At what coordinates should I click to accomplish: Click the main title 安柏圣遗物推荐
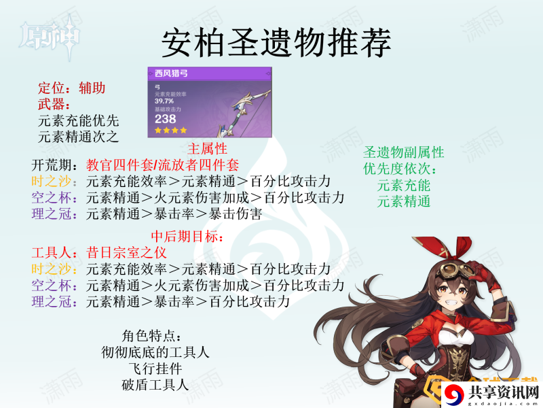pyautogui.click(x=276, y=43)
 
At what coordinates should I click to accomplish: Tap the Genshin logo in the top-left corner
pyautogui.click(x=50, y=37)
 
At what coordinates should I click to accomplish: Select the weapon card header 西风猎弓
pyautogui.click(x=172, y=73)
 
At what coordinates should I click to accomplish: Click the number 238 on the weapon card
pyautogui.click(x=165, y=119)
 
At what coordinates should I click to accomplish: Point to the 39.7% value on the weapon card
pyautogui.click(x=164, y=101)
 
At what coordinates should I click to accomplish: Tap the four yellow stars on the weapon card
pyautogui.click(x=171, y=131)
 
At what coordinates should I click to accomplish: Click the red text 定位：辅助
pyautogui.click(x=71, y=88)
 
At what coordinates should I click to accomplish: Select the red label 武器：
pyautogui.click(x=54, y=104)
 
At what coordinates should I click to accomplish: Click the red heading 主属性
pyautogui.click(x=207, y=149)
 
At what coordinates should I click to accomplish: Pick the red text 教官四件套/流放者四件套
pyautogui.click(x=162, y=165)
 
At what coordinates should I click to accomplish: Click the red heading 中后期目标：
pyautogui.click(x=187, y=237)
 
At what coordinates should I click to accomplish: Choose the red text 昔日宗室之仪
pyautogui.click(x=126, y=252)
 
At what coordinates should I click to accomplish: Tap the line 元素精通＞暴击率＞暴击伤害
pyautogui.click(x=174, y=214)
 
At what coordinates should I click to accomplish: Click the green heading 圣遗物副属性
pyautogui.click(x=403, y=152)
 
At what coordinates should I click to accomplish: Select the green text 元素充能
pyautogui.click(x=403, y=185)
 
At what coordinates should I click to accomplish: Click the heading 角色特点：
pyautogui.click(x=151, y=336)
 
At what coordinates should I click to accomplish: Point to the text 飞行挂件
pyautogui.click(x=155, y=369)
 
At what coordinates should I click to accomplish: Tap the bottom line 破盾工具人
pyautogui.click(x=155, y=385)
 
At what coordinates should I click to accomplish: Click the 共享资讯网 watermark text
pyautogui.click(x=504, y=392)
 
